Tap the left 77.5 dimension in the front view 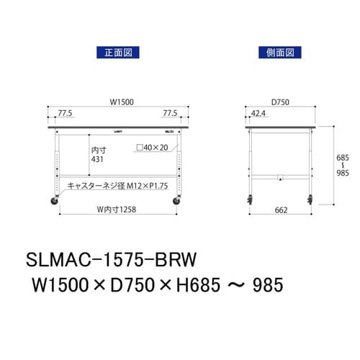pos(65,114)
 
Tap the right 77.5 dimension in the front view pos(170,114)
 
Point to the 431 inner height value pos(99,161)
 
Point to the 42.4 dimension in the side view pos(258,114)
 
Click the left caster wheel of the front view pos(54,202)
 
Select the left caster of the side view pos(250,202)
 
